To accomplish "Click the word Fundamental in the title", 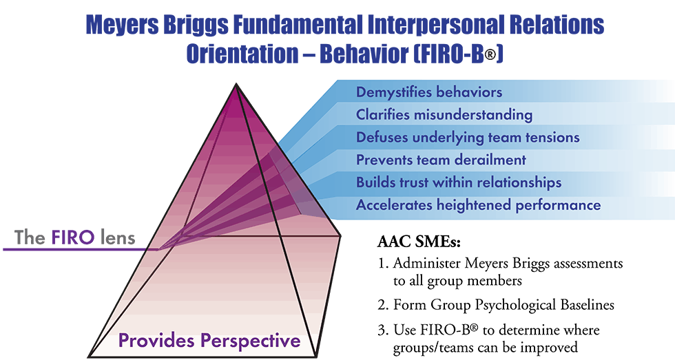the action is [298, 25].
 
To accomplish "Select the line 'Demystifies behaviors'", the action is [428, 92].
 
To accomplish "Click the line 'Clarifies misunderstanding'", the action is [444, 115].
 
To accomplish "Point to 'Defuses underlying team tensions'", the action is [468, 138].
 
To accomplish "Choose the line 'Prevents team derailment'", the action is [441, 160].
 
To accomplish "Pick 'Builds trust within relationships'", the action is [459, 182].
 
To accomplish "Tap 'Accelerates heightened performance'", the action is [478, 205].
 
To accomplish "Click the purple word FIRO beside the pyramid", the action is [73, 237].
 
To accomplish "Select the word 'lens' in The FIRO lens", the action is [118, 237].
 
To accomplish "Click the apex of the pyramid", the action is [236, 84].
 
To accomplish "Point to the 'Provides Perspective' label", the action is [209, 341].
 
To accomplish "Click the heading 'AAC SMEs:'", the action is [419, 242].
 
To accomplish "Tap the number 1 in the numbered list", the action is [381, 263].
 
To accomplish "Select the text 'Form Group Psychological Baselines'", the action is [503, 306].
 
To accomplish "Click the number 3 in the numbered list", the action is [382, 330].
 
